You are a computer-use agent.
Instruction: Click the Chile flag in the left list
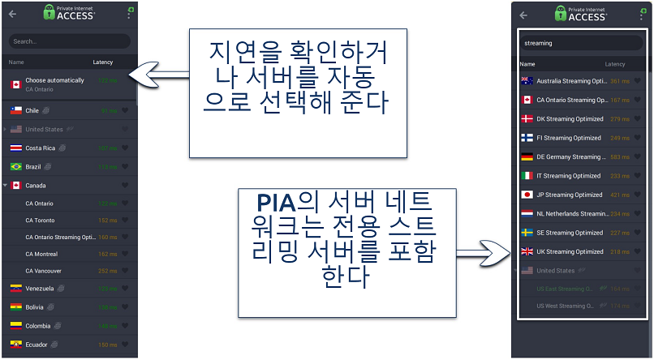coord(15,110)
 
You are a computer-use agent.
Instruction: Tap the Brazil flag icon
coord(15,167)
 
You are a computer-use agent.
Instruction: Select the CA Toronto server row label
coord(40,219)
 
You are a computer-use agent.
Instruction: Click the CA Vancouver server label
coord(43,271)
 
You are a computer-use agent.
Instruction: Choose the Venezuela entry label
coord(40,289)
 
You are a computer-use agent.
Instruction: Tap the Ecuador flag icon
coord(15,345)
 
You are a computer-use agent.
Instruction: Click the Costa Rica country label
coord(40,148)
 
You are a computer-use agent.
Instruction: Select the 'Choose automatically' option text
coord(54,80)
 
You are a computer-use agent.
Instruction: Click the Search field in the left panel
coord(69,41)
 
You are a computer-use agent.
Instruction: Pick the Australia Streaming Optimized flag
coord(527,81)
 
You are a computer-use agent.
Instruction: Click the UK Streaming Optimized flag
coord(527,251)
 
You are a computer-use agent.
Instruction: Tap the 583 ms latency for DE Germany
coord(619,157)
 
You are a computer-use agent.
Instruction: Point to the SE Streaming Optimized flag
coord(527,233)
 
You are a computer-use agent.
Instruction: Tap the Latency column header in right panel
coord(614,64)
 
